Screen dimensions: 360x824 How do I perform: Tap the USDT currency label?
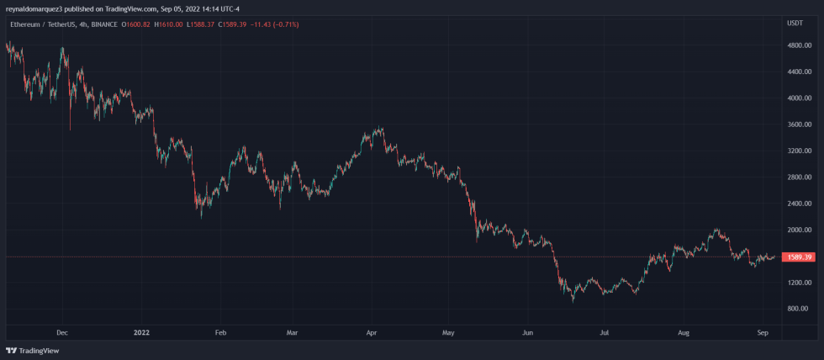[795, 23]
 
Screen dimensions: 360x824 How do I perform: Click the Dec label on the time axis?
[61, 333]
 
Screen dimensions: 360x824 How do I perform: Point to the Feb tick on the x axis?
[220, 333]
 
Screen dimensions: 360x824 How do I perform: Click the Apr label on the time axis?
[372, 333]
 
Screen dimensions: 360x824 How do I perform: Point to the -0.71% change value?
[284, 24]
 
